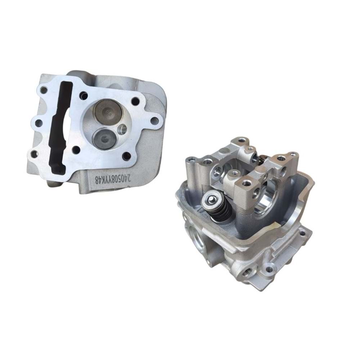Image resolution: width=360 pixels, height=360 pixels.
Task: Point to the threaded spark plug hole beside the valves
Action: tap(123, 129)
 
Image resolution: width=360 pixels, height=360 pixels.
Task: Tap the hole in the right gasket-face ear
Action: tap(154, 121)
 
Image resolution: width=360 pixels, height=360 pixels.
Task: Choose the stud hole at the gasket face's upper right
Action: tap(135, 102)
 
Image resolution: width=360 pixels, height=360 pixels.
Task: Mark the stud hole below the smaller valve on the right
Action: tap(126, 156)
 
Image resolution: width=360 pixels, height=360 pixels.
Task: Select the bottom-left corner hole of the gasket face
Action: tap(34, 154)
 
